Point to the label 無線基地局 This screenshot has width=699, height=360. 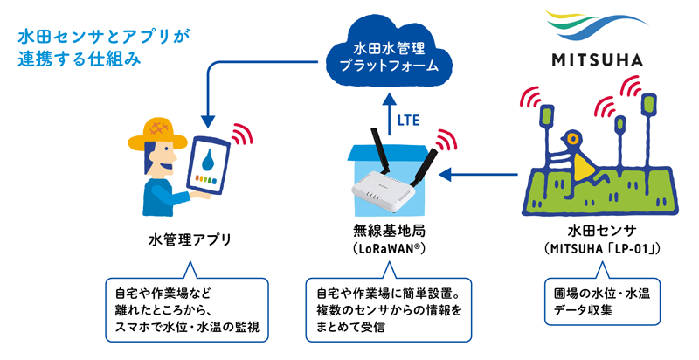(x=382, y=232)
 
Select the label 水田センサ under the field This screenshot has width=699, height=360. (x=600, y=232)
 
